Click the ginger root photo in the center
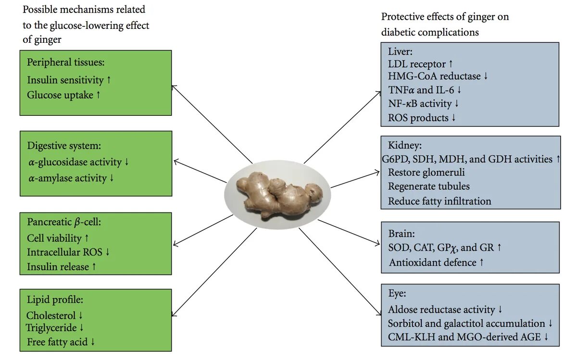277,196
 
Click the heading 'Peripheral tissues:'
66,62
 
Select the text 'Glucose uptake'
60,95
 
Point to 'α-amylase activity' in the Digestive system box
67,178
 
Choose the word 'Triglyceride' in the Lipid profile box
51,328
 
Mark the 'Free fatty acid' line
57,342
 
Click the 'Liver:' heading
401,51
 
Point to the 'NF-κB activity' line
420,104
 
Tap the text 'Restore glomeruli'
426,173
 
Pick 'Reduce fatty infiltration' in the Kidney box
439,201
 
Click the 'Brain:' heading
401,234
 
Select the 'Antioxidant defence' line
432,262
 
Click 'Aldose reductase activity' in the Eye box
441,310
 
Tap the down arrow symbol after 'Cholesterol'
81,316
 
